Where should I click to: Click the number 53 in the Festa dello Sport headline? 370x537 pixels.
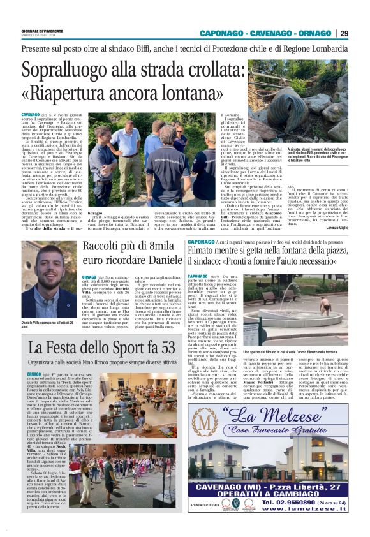pyautogui.click(x=164, y=348)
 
